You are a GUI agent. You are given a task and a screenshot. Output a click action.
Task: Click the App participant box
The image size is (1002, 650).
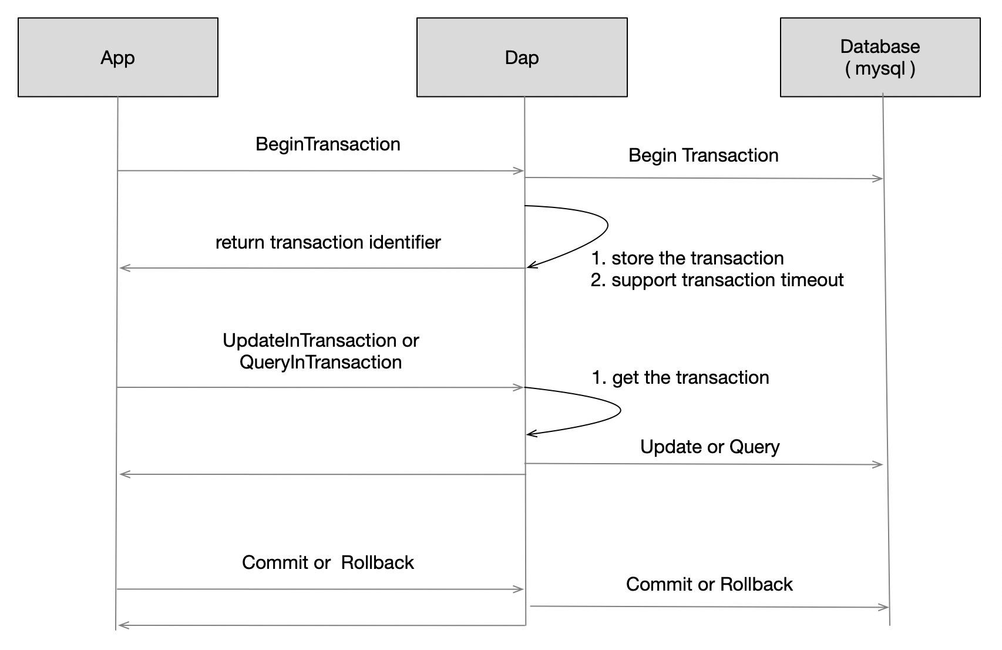tap(117, 57)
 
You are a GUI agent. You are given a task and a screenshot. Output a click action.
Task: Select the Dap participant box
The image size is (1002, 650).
tap(522, 57)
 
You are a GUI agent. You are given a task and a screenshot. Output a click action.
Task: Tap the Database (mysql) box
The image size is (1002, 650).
tap(880, 57)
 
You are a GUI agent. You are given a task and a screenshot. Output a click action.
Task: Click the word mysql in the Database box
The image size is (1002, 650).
tap(880, 69)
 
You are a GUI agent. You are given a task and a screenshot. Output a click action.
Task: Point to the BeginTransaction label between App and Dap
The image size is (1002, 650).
tap(328, 145)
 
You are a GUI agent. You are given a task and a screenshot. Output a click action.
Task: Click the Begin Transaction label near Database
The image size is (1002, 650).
tap(703, 156)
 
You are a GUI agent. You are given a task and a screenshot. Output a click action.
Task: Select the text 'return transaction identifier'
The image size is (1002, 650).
tap(328, 243)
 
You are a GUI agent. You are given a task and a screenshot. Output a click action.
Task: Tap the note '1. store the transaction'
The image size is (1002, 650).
tap(687, 259)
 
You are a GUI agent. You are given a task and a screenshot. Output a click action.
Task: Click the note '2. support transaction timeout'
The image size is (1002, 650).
tap(717, 280)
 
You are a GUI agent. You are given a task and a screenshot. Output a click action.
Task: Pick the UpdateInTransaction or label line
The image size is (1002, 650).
tap(321, 341)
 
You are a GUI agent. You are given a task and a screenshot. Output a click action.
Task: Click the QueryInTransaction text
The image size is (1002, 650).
tap(321, 363)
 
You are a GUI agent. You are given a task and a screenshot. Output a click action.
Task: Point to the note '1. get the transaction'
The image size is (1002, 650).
tap(680, 378)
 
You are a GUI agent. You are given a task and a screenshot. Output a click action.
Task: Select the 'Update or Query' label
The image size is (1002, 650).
tap(710, 447)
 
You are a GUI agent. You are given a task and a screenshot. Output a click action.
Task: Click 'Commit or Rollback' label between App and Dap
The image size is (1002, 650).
tap(328, 563)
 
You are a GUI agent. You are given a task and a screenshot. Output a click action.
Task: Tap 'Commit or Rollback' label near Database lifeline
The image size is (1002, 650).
tap(709, 585)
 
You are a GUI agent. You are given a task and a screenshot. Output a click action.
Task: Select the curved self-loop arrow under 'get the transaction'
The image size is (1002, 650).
tap(620, 411)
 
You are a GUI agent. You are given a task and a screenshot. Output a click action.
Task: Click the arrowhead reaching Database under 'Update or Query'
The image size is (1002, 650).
tap(879, 465)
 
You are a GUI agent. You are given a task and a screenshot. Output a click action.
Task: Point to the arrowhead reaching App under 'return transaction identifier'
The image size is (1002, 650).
tap(124, 269)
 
